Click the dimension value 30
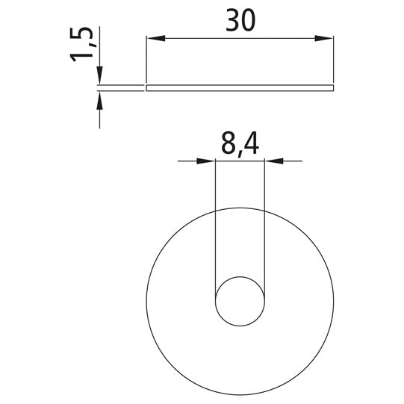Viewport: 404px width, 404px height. [x=240, y=19]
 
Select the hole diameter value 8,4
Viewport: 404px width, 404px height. [x=240, y=143]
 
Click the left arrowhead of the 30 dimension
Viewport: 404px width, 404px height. [x=152, y=38]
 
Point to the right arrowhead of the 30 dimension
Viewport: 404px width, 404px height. [x=326, y=38]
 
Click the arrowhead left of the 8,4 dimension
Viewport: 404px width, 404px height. [x=208, y=161]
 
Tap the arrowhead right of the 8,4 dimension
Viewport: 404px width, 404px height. [x=272, y=161]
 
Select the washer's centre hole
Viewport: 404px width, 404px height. [x=240, y=301]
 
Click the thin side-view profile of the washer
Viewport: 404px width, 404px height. [x=240, y=88]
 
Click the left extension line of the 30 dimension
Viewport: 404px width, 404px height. [x=146, y=60]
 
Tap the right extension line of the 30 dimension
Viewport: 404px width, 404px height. [x=333, y=60]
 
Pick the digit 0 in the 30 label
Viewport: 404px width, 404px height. [x=249, y=19]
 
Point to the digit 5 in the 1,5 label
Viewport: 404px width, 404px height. [x=84, y=34]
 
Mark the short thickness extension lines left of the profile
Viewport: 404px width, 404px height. [x=119, y=88]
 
